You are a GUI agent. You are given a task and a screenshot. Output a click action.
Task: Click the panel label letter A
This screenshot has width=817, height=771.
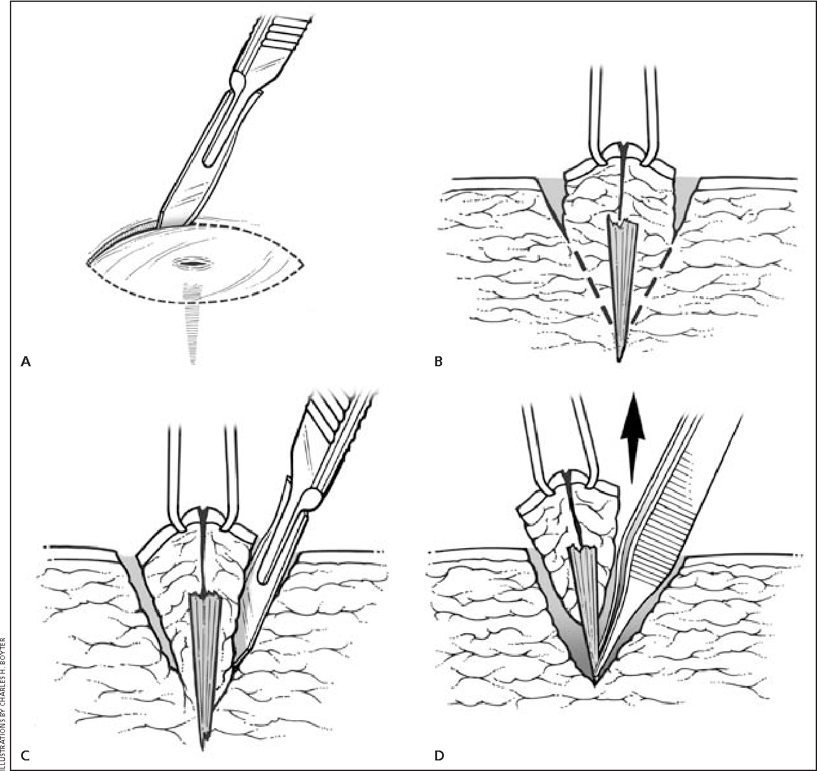[x=25, y=361]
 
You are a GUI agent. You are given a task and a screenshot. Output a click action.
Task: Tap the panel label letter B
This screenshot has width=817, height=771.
[x=438, y=361]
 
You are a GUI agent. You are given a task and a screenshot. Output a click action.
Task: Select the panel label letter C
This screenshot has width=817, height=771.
[x=25, y=755]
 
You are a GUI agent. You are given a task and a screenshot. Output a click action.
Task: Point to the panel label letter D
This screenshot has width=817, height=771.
[x=439, y=755]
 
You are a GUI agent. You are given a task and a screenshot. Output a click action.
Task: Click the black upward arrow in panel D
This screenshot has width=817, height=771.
[x=631, y=435]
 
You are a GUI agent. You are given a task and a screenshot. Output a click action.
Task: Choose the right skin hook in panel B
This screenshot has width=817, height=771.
[x=649, y=112]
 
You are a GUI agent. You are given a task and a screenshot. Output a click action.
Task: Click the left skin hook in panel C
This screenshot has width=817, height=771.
[x=175, y=472]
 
